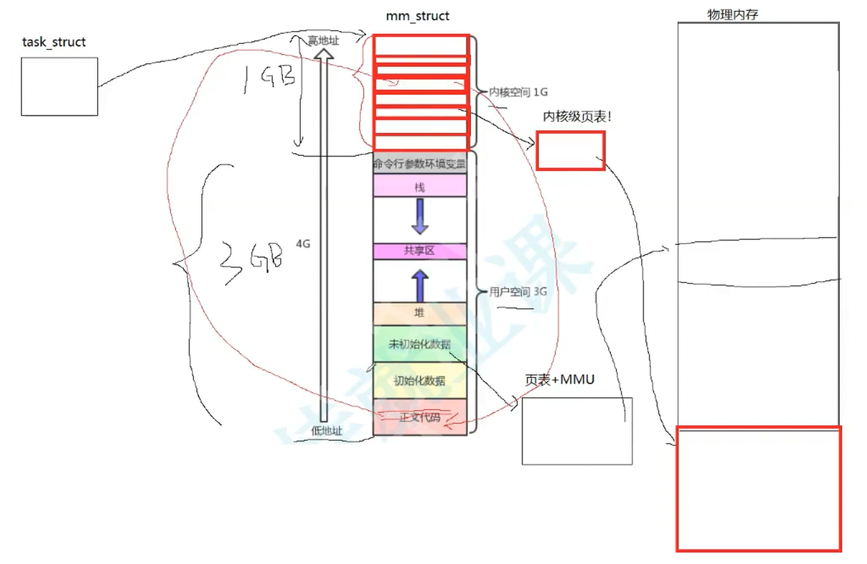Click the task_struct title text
54,43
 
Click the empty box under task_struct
59,86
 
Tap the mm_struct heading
418,16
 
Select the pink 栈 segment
420,186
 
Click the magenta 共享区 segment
420,251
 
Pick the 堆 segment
420,313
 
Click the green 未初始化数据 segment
420,344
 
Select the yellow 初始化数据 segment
420,381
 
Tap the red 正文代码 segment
420,418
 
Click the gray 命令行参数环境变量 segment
420,163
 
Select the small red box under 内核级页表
570,151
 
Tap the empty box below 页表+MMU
577,431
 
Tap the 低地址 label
327,430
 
